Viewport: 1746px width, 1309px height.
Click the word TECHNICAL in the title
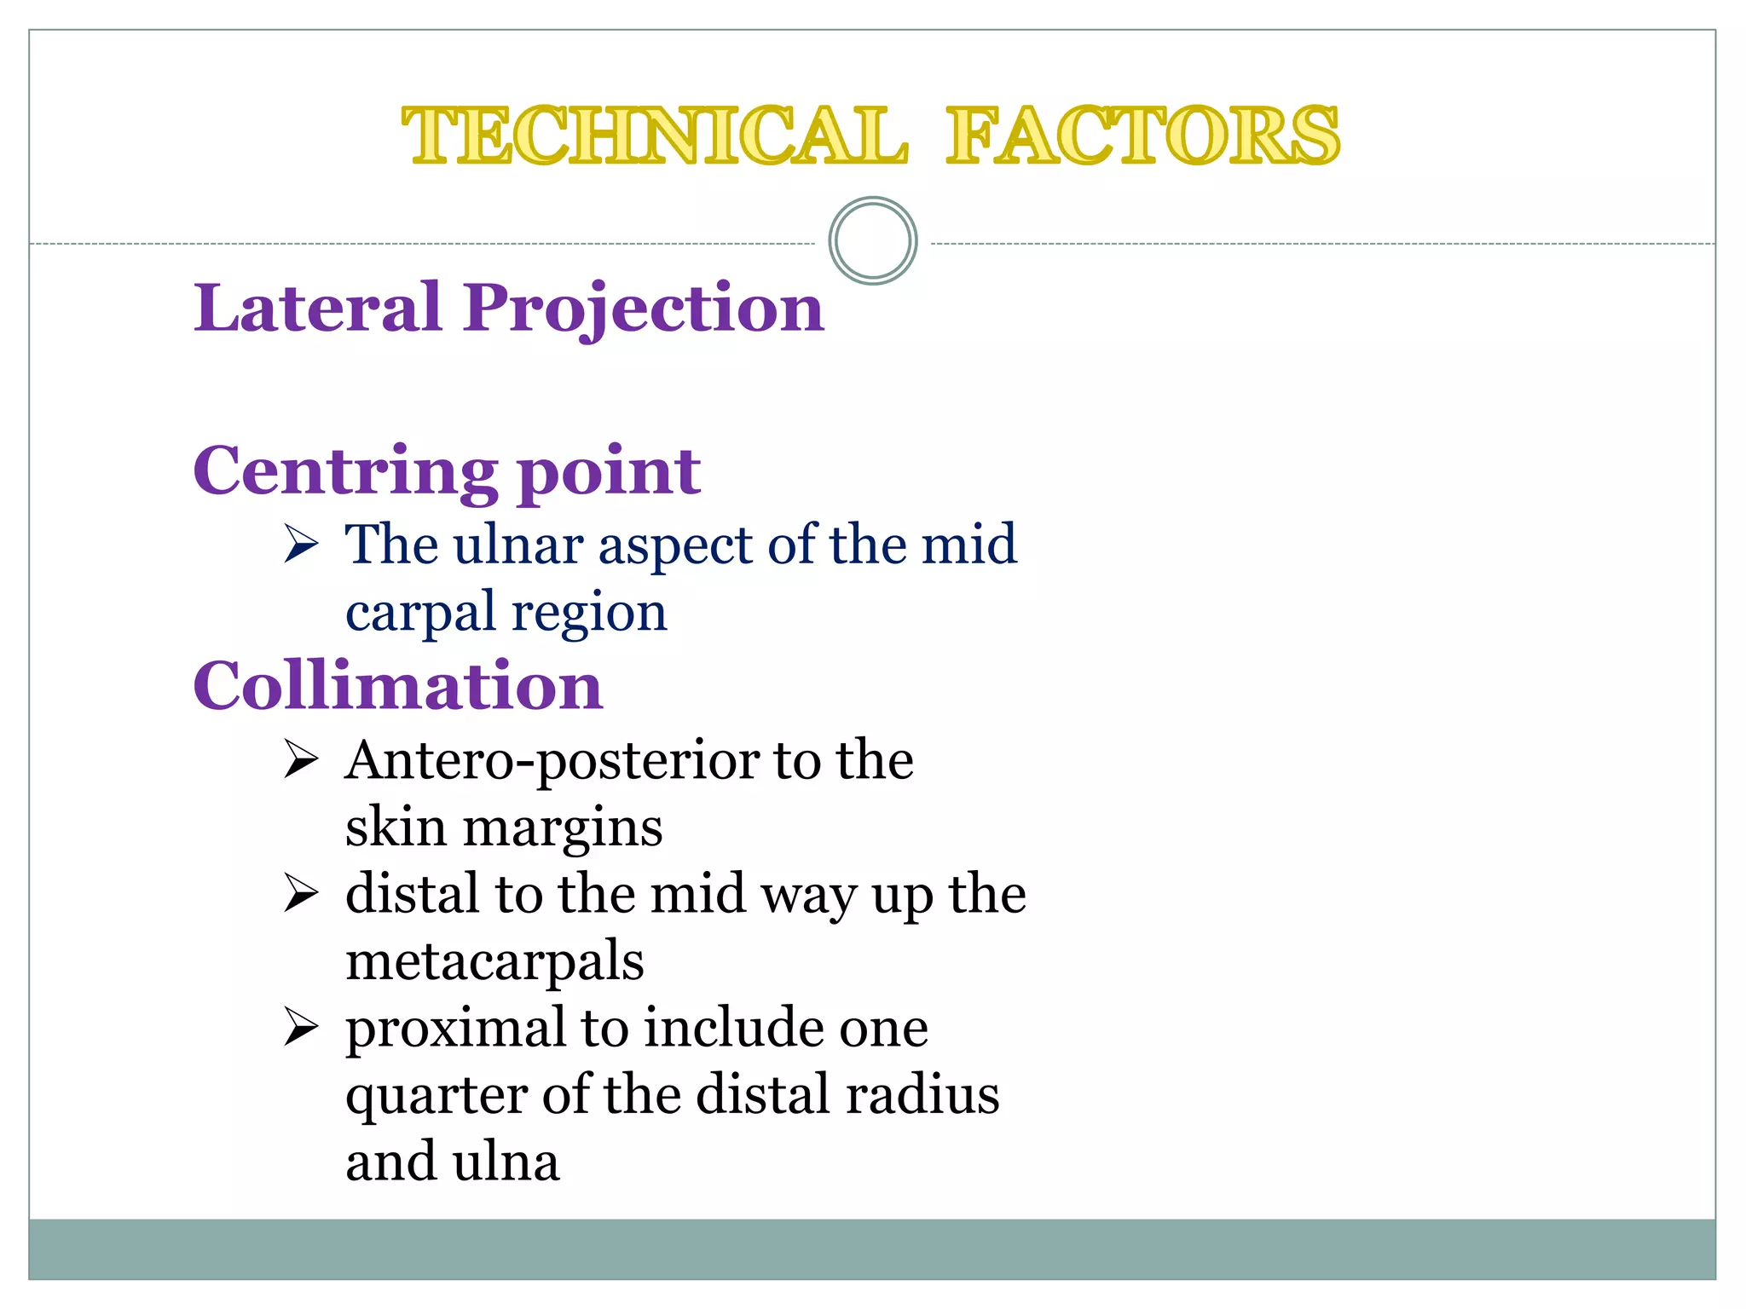point(655,136)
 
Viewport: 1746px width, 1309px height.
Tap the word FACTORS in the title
point(1142,136)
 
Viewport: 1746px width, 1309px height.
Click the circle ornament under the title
point(873,241)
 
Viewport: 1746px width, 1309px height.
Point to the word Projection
point(644,309)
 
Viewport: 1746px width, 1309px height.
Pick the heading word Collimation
point(398,686)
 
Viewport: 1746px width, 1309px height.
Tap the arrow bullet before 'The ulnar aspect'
point(301,544)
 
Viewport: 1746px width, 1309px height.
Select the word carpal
point(420,614)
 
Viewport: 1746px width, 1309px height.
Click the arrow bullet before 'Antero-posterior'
point(301,758)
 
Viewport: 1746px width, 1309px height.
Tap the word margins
point(563,828)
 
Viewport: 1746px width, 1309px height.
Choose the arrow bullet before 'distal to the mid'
point(301,893)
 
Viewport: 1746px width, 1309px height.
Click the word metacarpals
point(494,963)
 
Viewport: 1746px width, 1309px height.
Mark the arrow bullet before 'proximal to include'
point(301,1027)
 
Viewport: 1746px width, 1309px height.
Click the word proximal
point(456,1029)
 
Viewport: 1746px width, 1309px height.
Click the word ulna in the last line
point(506,1162)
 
